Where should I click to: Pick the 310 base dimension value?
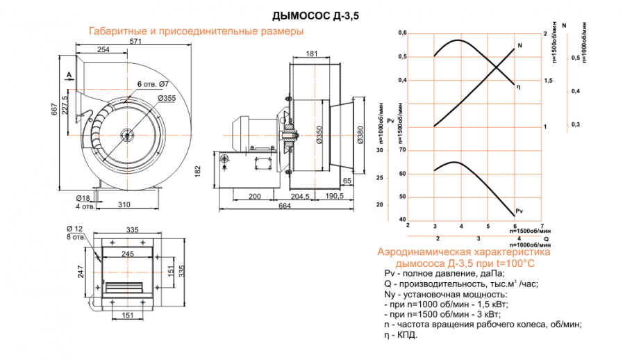pyautogui.click(x=124, y=205)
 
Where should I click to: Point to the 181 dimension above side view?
pyautogui.click(x=312, y=54)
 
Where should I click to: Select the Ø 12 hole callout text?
pyautogui.click(x=74, y=229)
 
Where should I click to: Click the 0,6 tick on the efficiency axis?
pyautogui.click(x=402, y=33)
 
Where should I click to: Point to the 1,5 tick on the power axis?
pyautogui.click(x=548, y=81)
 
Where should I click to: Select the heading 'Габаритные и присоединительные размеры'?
pyautogui.click(x=196, y=32)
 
